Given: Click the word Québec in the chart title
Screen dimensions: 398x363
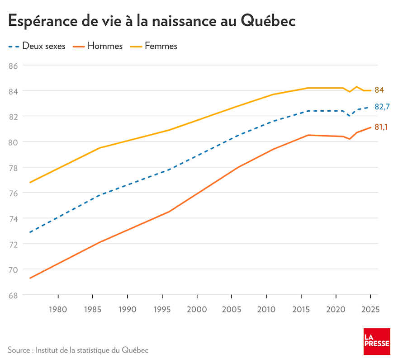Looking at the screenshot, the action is pyautogui.click(x=268, y=21).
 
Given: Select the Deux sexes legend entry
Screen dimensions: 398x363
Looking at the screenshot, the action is pyautogui.click(x=37, y=46).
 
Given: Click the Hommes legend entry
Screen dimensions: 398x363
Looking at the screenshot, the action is pyautogui.click(x=98, y=46).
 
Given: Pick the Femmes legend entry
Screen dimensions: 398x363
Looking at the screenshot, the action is pyautogui.click(x=154, y=46).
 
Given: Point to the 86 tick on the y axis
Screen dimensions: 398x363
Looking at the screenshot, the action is pyautogui.click(x=13, y=66).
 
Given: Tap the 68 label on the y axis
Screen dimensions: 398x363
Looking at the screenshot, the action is pyautogui.click(x=13, y=295).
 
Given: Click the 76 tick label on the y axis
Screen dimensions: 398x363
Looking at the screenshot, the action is pyautogui.click(x=13, y=193).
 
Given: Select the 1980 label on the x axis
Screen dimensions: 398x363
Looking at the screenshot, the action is pyautogui.click(x=58, y=310).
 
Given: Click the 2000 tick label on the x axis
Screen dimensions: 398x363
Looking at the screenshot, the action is pyautogui.click(x=197, y=310).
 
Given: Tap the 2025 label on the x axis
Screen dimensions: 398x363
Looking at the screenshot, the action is pyautogui.click(x=370, y=310).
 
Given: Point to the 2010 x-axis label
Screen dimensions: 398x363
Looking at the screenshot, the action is pyautogui.click(x=266, y=310).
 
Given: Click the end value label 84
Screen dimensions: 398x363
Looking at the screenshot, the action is pyautogui.click(x=379, y=90).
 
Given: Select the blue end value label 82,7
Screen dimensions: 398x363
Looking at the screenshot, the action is pyautogui.click(x=382, y=107).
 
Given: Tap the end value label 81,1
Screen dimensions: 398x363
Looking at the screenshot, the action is pyautogui.click(x=381, y=127).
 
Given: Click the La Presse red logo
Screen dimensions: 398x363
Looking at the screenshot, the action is pyautogui.click(x=377, y=341).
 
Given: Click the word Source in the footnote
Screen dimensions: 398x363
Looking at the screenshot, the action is pyautogui.click(x=19, y=350).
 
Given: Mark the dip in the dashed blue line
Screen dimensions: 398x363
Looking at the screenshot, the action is pyautogui.click(x=350, y=116).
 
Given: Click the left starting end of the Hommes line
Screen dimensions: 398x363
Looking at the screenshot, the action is pyautogui.click(x=30, y=278).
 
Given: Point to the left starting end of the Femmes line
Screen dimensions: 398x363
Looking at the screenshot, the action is pyautogui.click(x=30, y=182).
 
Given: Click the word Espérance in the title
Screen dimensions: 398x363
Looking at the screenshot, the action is pyautogui.click(x=43, y=21).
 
